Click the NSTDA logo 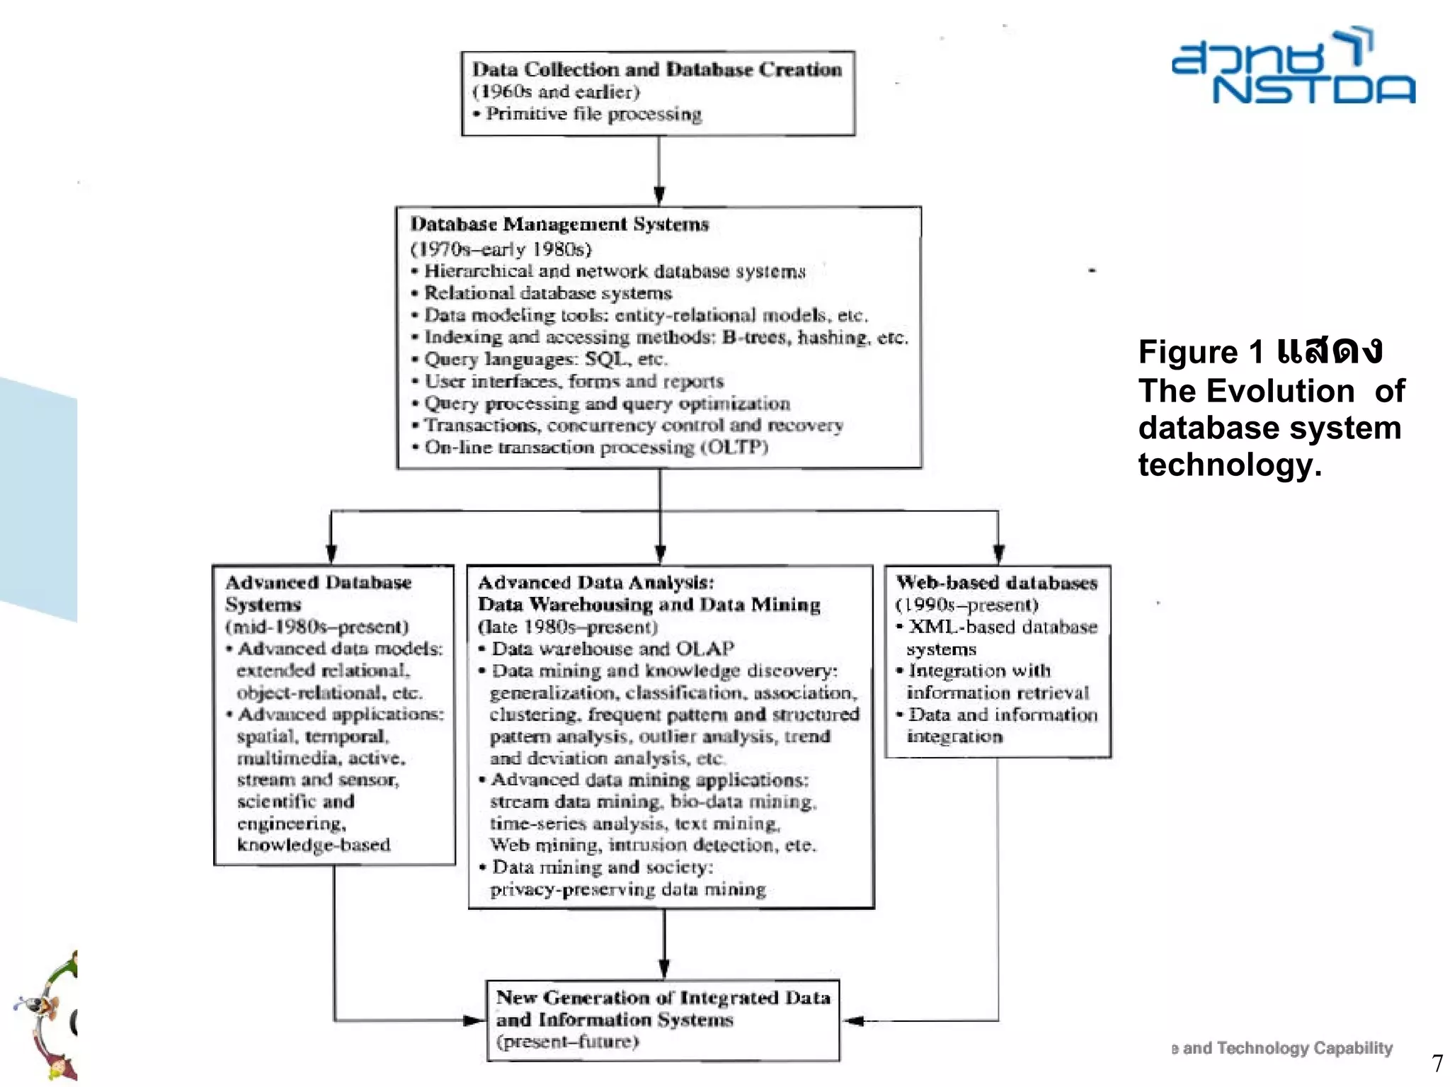point(1293,67)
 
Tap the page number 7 point(1437,1063)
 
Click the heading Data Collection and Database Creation point(657,69)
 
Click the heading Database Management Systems point(559,224)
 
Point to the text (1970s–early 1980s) point(501,249)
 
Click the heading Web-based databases point(996,583)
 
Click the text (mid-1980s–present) point(317,627)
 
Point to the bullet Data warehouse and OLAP point(612,649)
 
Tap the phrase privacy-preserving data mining point(627,889)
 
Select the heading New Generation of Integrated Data point(663,998)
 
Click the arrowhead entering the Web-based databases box point(998,554)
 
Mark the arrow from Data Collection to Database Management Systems point(659,170)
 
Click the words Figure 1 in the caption point(1201,353)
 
